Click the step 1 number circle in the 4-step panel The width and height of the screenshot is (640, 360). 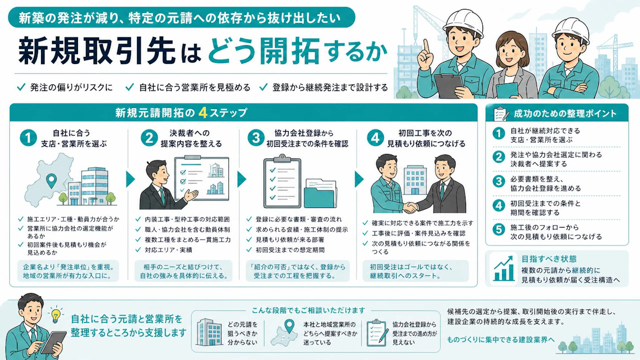[x=28, y=137]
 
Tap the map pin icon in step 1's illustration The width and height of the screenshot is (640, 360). [x=51, y=181]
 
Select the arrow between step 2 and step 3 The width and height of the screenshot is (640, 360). [x=241, y=179]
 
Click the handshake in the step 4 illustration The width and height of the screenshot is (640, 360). [x=410, y=207]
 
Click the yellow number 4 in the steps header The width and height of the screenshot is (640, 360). [x=203, y=113]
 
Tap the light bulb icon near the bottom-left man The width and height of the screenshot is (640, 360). [x=56, y=315]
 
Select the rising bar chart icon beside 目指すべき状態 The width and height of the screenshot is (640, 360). [x=503, y=268]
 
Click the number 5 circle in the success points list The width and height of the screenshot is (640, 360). [x=498, y=229]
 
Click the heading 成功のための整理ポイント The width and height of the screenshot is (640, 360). [x=565, y=113]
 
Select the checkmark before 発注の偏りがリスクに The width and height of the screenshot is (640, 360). [x=21, y=87]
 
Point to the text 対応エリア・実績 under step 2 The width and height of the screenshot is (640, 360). [x=168, y=250]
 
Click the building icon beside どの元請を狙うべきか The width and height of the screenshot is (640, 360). [x=209, y=332]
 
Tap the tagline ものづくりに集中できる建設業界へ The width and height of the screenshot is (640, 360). [x=501, y=339]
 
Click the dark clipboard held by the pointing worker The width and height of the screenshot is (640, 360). [x=448, y=85]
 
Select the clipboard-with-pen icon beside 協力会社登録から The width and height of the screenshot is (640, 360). [x=377, y=333]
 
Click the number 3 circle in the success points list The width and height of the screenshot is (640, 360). [x=498, y=181]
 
